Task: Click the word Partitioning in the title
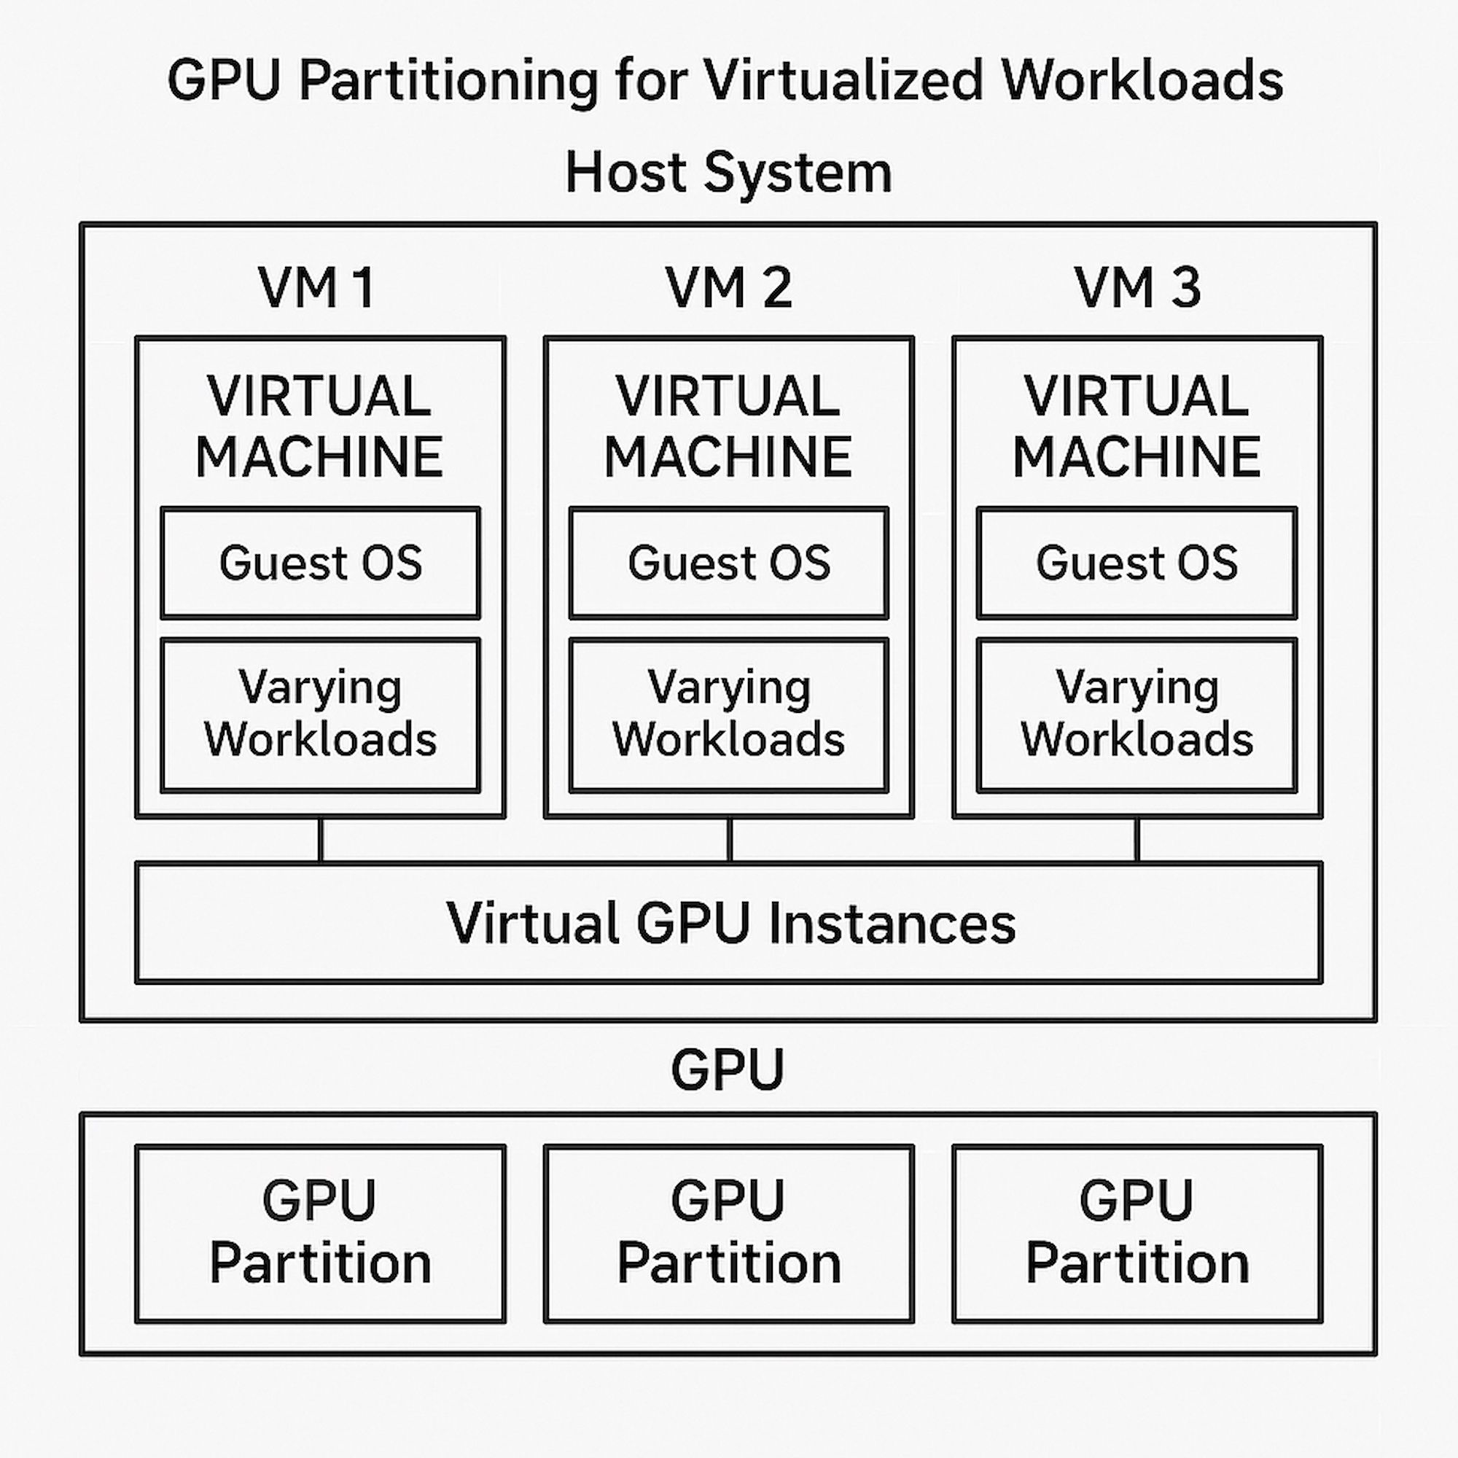[x=448, y=82]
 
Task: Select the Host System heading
[x=729, y=172]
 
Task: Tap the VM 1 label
[x=316, y=287]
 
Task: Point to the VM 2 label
[x=729, y=287]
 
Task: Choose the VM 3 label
[x=1137, y=287]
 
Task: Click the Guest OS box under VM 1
[x=321, y=563]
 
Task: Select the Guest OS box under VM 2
[x=729, y=563]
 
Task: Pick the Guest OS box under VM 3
[x=1137, y=563]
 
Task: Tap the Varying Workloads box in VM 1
[x=321, y=714]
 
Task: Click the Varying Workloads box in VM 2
[x=729, y=714]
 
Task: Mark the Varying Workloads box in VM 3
[x=1137, y=714]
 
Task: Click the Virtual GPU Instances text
[x=730, y=923]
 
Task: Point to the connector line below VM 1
[x=321, y=840]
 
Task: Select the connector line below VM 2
[x=729, y=840]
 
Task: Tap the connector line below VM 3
[x=1137, y=840]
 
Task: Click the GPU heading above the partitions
[x=728, y=1069]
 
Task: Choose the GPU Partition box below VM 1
[x=321, y=1234]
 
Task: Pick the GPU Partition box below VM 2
[x=729, y=1234]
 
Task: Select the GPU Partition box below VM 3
[x=1137, y=1234]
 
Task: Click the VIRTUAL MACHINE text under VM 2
[x=728, y=426]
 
